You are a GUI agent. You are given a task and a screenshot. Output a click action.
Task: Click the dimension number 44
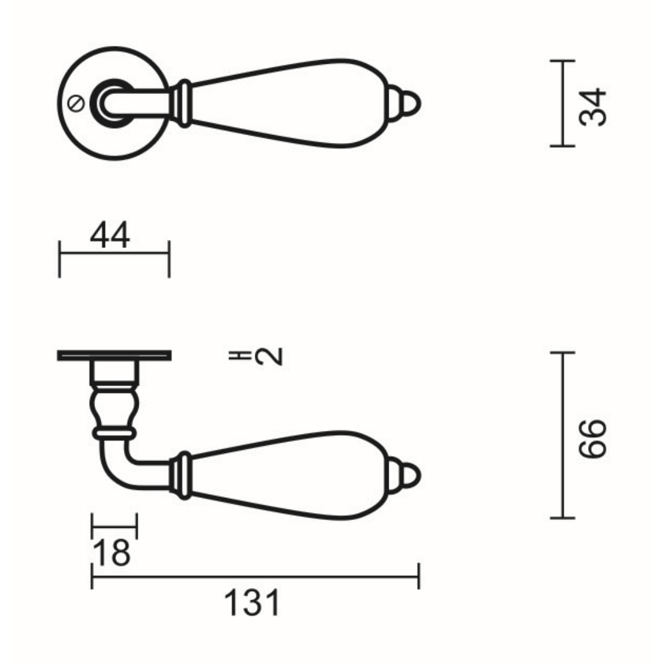click(x=110, y=235)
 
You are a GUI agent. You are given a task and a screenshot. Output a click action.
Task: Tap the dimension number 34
click(x=592, y=107)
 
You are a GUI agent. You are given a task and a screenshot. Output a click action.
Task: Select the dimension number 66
click(x=592, y=438)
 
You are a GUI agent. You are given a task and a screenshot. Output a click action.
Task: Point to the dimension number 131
click(x=252, y=603)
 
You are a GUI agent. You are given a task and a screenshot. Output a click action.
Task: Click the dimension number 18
click(x=112, y=552)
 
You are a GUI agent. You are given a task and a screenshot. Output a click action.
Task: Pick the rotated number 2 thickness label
click(x=269, y=356)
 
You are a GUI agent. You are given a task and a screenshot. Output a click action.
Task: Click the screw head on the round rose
click(x=77, y=104)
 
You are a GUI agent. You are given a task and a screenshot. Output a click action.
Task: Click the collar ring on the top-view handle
click(x=183, y=104)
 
